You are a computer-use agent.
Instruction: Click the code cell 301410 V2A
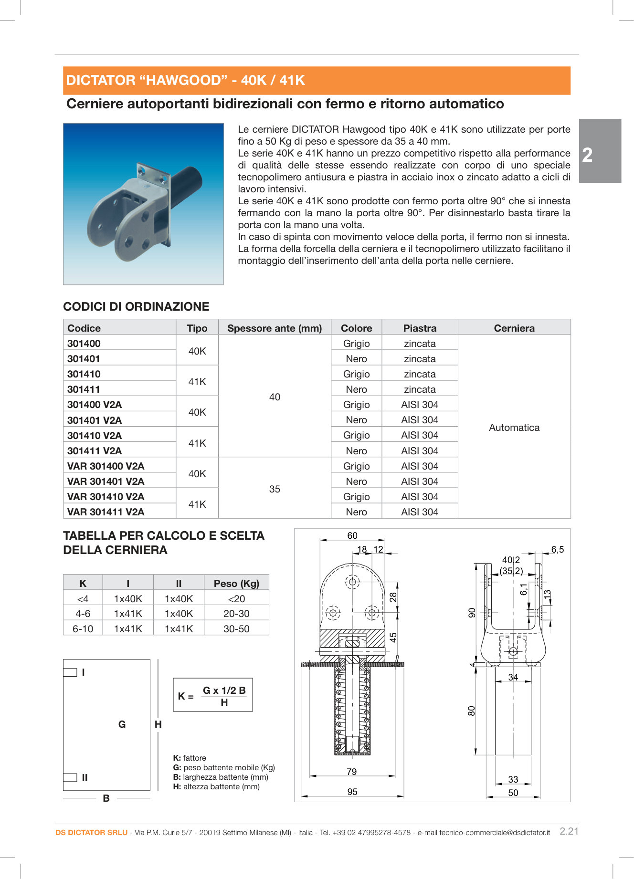[x=95, y=435]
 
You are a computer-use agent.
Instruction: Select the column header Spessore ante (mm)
[x=275, y=328]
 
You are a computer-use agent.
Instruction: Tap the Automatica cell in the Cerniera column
[x=514, y=428]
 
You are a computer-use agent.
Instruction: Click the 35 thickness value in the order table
[x=275, y=489]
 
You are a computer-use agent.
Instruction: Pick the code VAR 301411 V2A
[x=106, y=512]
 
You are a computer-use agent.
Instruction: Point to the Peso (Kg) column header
[x=236, y=583]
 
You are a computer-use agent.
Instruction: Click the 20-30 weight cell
[x=236, y=614]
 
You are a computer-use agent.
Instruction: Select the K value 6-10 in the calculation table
[x=83, y=629]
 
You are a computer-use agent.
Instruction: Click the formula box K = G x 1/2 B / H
[x=212, y=695]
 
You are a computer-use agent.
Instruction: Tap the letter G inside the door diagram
[x=122, y=724]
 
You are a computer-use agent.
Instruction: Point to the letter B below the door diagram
[x=106, y=798]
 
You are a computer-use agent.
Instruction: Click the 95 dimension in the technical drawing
[x=352, y=792]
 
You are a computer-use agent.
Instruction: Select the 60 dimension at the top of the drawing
[x=352, y=535]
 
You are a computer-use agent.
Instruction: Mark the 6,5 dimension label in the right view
[x=557, y=549]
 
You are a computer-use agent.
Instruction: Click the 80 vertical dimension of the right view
[x=472, y=711]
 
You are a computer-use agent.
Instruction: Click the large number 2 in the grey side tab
[x=587, y=155]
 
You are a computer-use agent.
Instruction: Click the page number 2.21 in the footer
[x=569, y=831]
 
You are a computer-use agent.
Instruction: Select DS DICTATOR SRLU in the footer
[x=91, y=832]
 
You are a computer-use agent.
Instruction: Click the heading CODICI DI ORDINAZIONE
[x=136, y=306]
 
